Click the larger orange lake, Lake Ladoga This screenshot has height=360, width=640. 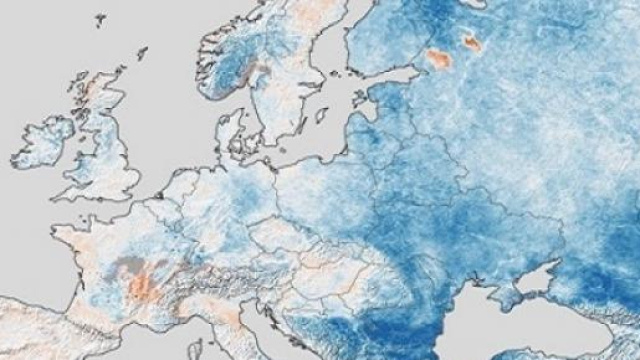[x=438, y=59]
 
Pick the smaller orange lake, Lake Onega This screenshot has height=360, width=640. [x=471, y=42]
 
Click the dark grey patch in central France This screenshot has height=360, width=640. [x=131, y=266]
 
